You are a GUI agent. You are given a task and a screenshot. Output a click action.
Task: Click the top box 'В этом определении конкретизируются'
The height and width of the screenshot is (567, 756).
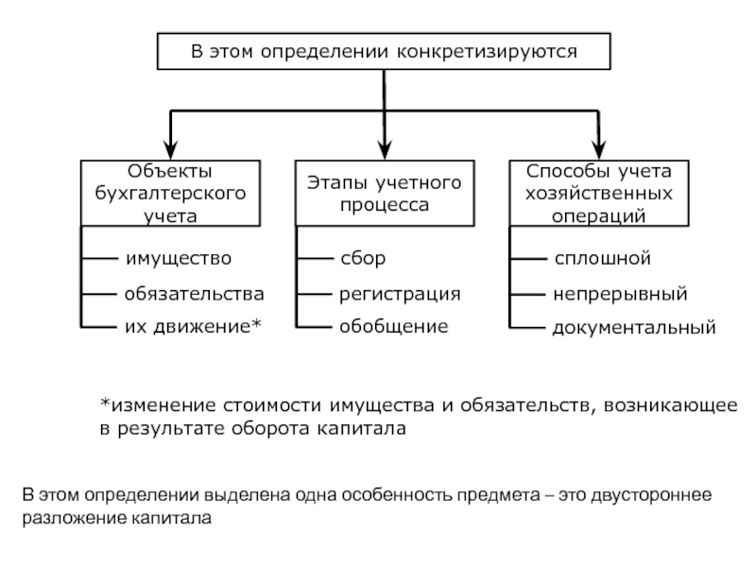[x=384, y=51]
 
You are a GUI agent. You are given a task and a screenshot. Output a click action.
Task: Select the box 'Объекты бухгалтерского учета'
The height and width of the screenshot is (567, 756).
[x=171, y=194]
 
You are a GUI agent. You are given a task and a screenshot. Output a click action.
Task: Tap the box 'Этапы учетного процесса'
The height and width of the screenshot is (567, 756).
[x=385, y=194]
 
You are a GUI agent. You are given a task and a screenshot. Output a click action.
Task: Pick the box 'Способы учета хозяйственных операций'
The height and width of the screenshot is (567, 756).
[x=599, y=194]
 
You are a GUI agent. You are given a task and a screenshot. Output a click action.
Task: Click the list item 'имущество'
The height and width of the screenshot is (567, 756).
[x=179, y=258]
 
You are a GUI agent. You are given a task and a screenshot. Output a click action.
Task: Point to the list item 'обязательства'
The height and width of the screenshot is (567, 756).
[x=195, y=294]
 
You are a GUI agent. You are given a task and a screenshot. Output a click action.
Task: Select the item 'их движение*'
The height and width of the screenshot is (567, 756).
[x=193, y=326]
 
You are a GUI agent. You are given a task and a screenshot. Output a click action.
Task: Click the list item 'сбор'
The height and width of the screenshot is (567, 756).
[x=363, y=258]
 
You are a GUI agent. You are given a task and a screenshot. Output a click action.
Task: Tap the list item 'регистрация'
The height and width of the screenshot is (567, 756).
[x=400, y=294]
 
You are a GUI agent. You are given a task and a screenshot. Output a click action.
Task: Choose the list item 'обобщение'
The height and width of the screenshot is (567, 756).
[x=394, y=326]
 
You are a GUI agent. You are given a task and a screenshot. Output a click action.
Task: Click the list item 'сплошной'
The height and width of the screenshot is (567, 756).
[x=603, y=258]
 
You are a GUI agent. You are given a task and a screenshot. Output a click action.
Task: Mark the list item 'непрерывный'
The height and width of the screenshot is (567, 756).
[x=620, y=294]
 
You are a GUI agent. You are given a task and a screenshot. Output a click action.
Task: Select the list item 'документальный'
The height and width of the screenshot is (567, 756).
[x=634, y=328]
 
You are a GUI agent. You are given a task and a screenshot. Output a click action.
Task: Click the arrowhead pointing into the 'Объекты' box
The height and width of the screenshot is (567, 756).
[x=171, y=150]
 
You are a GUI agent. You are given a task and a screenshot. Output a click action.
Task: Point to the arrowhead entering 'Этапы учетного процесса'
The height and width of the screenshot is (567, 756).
[x=385, y=150]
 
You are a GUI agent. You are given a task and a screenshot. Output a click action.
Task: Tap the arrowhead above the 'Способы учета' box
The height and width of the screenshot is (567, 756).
[x=599, y=150]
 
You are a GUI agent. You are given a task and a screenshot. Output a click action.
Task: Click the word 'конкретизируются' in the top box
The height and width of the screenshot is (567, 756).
[x=487, y=52]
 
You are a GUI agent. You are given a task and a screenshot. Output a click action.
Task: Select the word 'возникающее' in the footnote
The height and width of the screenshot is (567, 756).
[x=671, y=405]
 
